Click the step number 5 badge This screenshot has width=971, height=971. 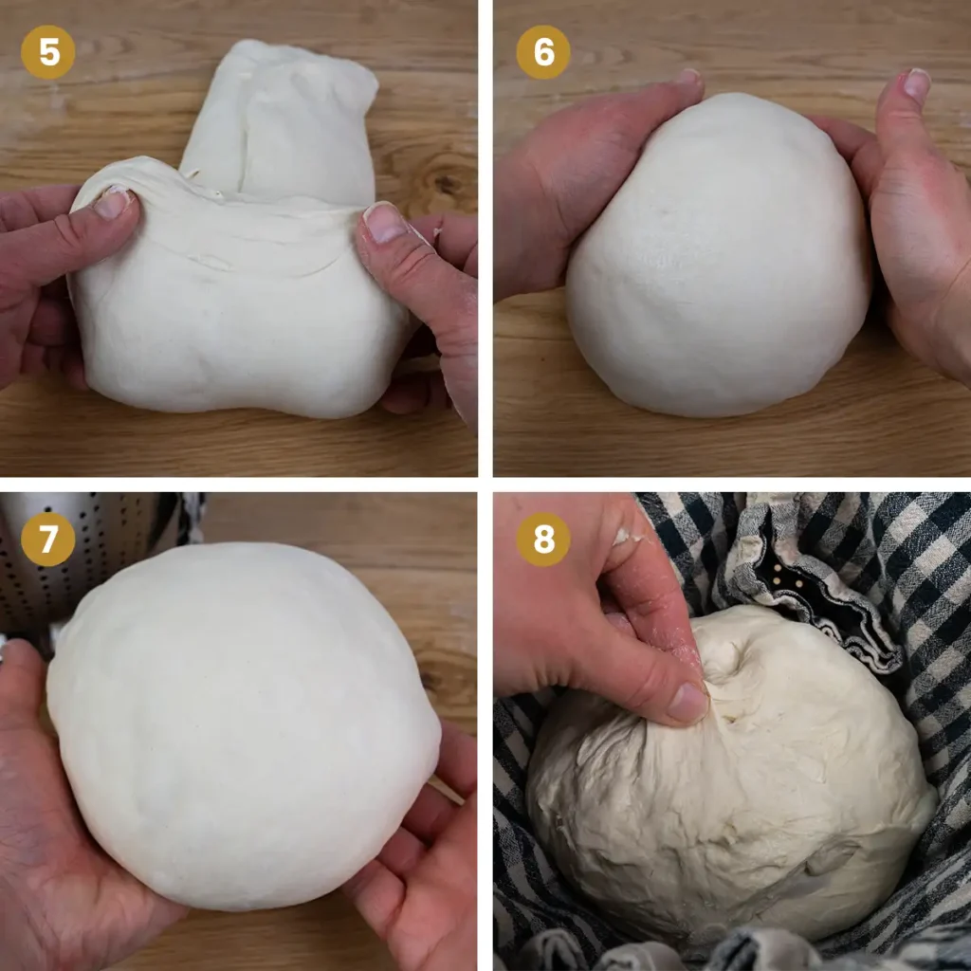[x=48, y=52]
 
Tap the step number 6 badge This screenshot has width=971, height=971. [x=543, y=52]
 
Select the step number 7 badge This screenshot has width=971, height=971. [x=48, y=540]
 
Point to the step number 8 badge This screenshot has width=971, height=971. [x=543, y=540]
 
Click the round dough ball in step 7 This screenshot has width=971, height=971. [x=242, y=721]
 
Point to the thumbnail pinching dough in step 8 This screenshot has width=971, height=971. [x=687, y=703]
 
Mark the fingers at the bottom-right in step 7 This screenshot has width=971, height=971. [x=427, y=853]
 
